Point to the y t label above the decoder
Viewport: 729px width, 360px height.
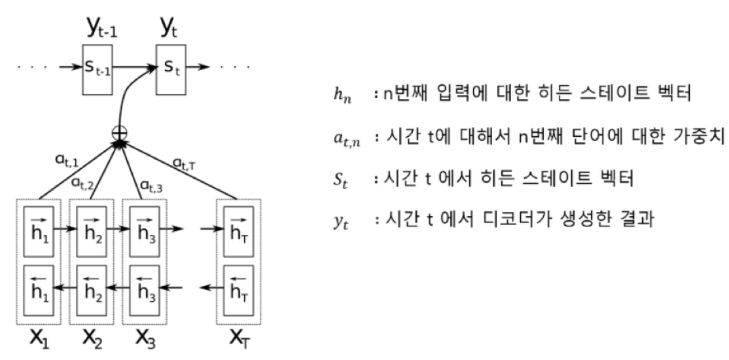(x=168, y=28)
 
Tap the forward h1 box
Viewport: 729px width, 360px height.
(x=37, y=230)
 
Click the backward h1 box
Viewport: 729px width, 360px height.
(x=37, y=285)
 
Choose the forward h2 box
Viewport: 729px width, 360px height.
(x=91, y=230)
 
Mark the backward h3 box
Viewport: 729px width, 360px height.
(x=145, y=285)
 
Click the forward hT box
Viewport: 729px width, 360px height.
(x=235, y=230)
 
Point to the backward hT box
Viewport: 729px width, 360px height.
(x=235, y=285)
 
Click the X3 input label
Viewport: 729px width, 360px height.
(x=145, y=338)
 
